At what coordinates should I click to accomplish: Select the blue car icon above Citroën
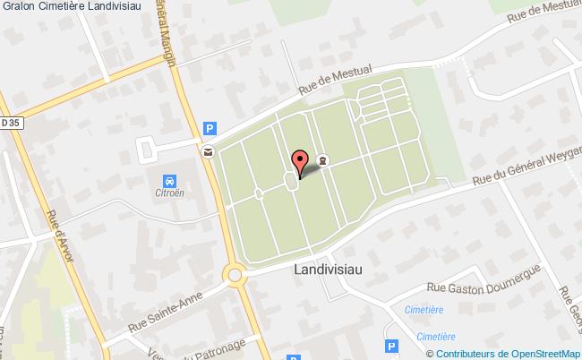[x=171, y=180]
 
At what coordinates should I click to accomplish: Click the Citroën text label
[x=171, y=193]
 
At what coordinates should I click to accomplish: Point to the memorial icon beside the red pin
[x=322, y=160]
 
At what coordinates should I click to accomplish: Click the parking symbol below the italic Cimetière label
[x=390, y=346]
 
